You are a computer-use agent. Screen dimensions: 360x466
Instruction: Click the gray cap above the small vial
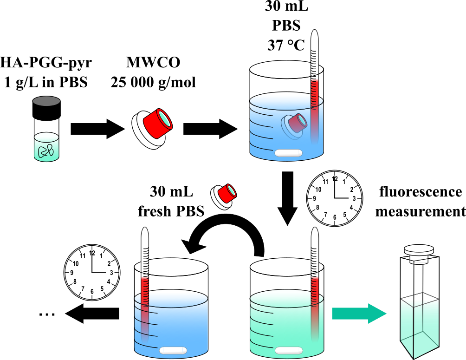pyautogui.click(x=46, y=101)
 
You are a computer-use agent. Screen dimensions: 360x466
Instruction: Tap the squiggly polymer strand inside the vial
pyautogui.click(x=46, y=151)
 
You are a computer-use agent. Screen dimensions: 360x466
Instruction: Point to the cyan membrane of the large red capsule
pyautogui.click(x=165, y=119)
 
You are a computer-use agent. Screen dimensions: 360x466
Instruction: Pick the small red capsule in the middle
pyautogui.click(x=226, y=194)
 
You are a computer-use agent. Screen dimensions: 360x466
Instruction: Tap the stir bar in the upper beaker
pyautogui.click(x=288, y=153)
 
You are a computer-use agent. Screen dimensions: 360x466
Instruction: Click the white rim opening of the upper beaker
pyautogui.click(x=286, y=70)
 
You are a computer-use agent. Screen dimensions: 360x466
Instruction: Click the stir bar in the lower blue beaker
pyautogui.click(x=173, y=351)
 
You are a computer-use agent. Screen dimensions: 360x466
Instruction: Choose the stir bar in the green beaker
pyautogui.click(x=288, y=351)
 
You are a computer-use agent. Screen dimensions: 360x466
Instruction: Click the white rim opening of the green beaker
pyautogui.click(x=286, y=267)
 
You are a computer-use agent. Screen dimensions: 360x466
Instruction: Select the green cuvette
pyautogui.click(x=419, y=327)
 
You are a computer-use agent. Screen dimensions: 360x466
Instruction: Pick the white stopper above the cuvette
pyautogui.click(x=419, y=254)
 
